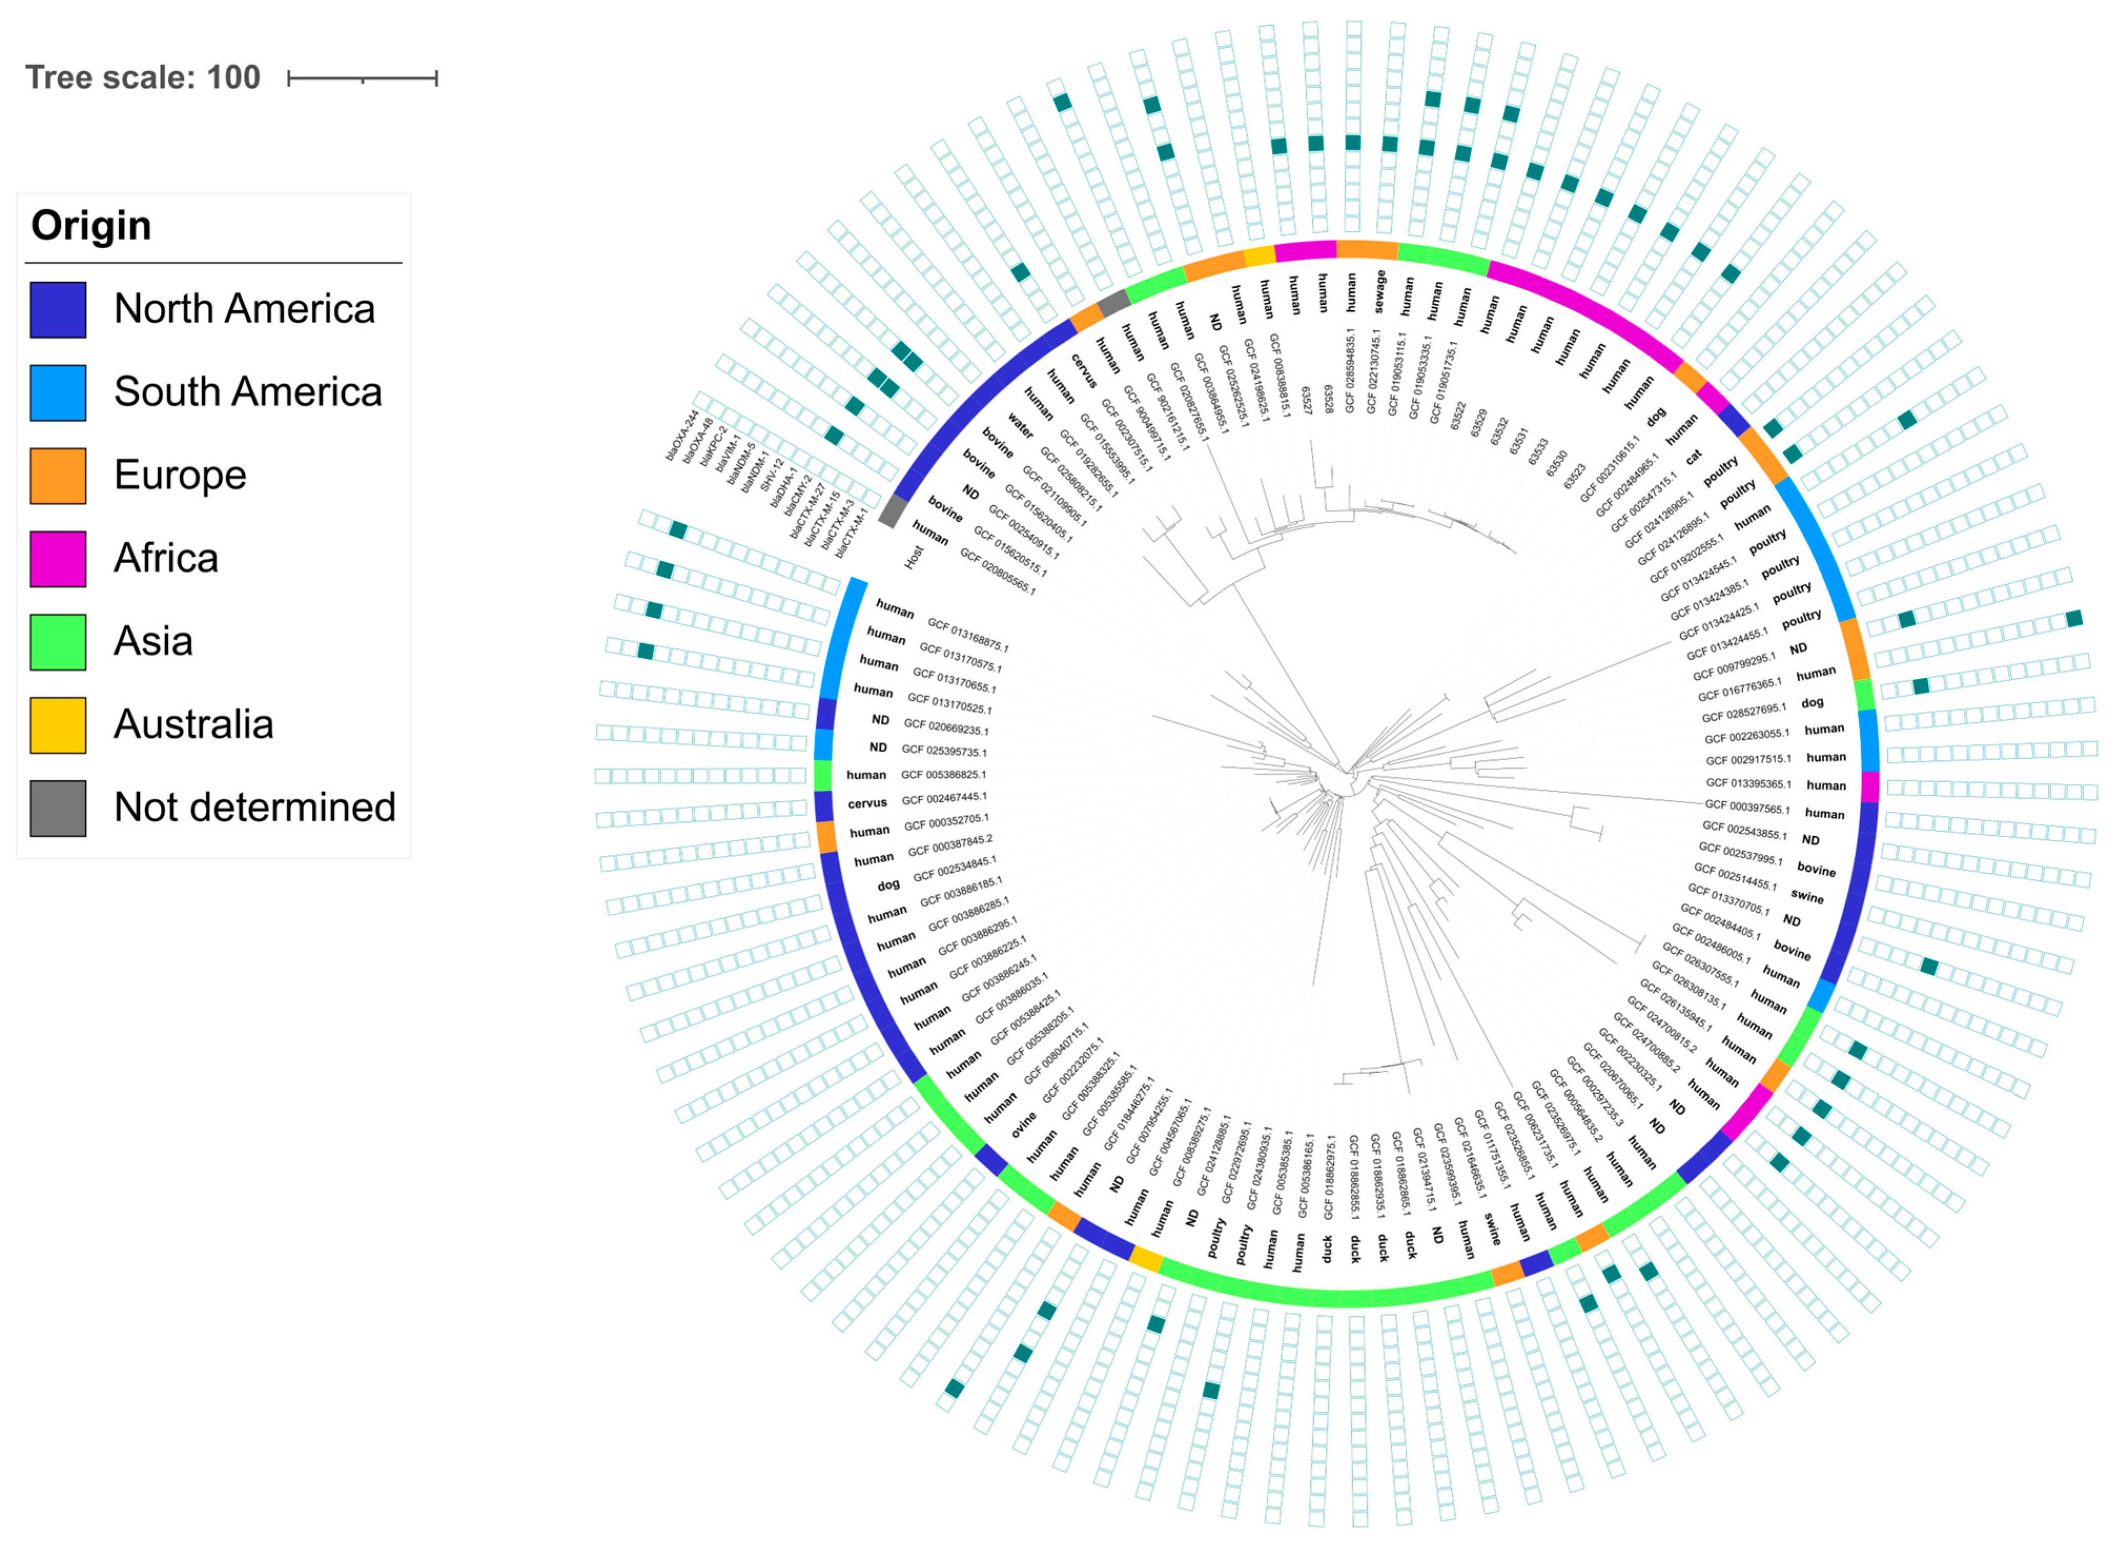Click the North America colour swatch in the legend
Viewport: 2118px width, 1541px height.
(58, 309)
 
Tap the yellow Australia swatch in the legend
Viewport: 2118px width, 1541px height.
(58, 724)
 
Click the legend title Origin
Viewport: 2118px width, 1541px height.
(91, 226)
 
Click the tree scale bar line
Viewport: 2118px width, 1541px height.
(362, 78)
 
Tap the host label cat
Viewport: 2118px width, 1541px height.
(1693, 457)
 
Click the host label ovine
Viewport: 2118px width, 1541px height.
(1024, 1121)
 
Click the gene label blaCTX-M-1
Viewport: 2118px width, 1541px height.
(852, 533)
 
